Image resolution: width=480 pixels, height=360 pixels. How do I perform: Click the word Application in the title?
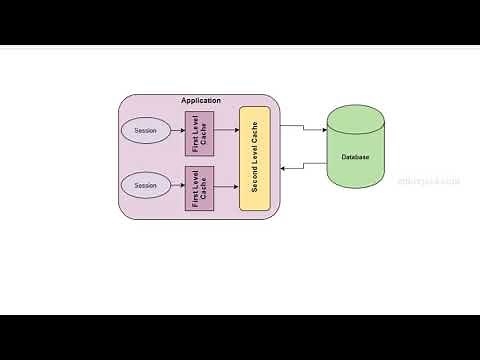[200, 101]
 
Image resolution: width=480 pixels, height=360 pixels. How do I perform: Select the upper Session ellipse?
[145, 131]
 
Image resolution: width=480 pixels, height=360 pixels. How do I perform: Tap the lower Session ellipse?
[145, 185]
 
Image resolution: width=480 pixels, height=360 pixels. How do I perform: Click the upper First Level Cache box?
[200, 133]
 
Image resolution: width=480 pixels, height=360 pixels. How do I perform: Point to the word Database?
[355, 158]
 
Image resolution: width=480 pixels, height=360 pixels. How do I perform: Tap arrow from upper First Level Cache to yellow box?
[227, 131]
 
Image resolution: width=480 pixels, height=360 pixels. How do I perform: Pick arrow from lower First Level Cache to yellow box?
[227, 185]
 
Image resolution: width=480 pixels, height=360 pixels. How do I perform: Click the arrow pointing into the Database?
[305, 128]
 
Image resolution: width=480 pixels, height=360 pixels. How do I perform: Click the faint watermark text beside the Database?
[428, 181]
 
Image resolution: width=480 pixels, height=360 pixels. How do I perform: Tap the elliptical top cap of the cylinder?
[355, 113]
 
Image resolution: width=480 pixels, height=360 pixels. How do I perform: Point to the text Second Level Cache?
[255, 160]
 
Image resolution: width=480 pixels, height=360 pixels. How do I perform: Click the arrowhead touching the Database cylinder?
[323, 131]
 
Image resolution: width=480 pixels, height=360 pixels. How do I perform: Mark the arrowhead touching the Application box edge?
[284, 168]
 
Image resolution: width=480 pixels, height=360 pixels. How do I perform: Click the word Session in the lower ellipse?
[145, 185]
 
